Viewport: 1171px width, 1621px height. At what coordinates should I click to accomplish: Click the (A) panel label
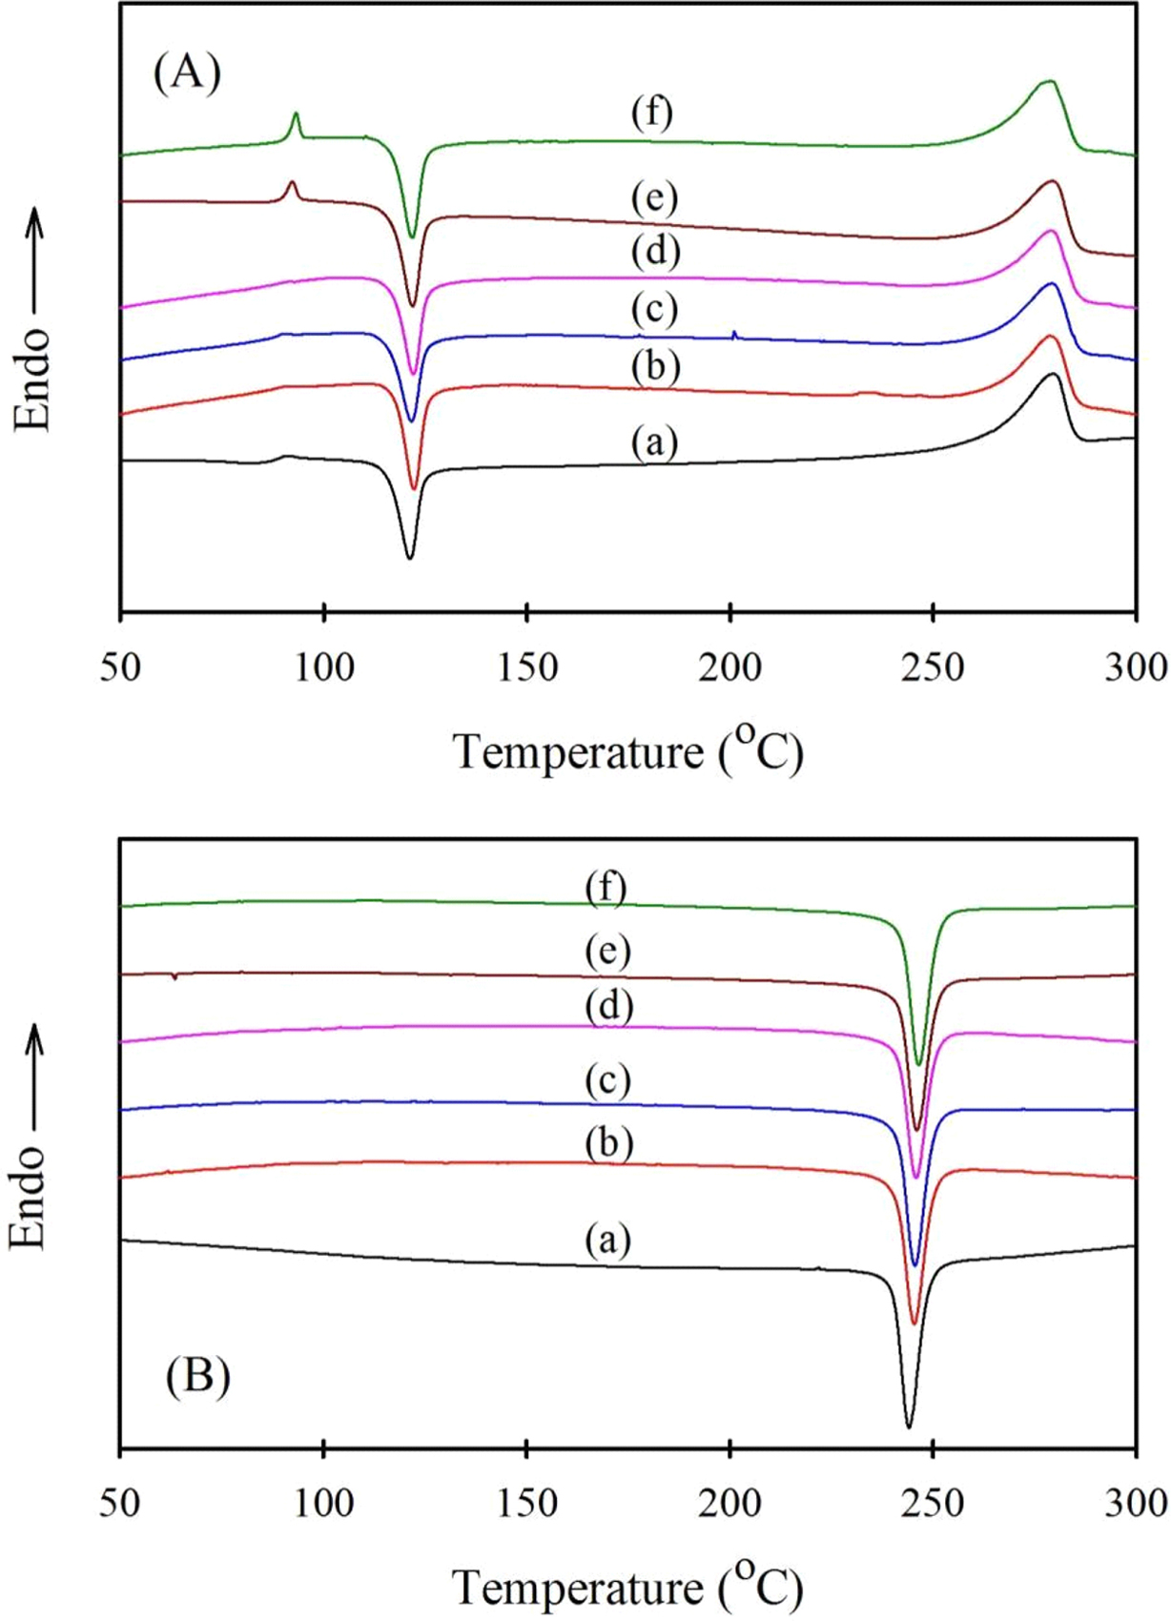(x=187, y=73)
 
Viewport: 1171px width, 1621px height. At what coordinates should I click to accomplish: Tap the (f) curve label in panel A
(x=652, y=113)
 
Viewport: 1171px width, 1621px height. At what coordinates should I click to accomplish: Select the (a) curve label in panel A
(x=653, y=442)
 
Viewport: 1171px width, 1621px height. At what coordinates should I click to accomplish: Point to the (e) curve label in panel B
(x=608, y=951)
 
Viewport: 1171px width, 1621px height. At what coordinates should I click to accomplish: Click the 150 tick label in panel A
(x=527, y=667)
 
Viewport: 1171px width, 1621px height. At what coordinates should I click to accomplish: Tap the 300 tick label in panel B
(x=1136, y=1504)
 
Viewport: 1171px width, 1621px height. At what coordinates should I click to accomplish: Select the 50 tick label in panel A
(x=120, y=667)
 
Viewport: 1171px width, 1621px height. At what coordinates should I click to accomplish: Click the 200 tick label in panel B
(x=729, y=1504)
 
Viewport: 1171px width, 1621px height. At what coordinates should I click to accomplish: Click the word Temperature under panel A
(x=578, y=752)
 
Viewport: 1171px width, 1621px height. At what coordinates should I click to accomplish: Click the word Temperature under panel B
(x=578, y=1589)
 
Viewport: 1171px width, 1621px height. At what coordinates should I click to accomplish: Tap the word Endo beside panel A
(x=32, y=379)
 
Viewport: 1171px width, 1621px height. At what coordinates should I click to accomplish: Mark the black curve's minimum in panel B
(x=908, y=1426)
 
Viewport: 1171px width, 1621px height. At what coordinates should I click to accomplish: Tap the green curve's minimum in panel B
(x=918, y=1064)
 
